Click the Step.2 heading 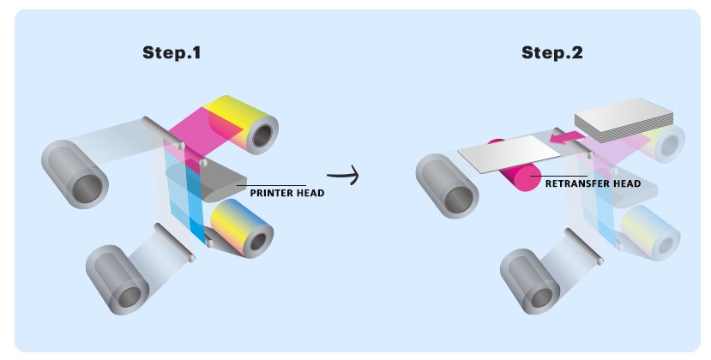pyautogui.click(x=552, y=52)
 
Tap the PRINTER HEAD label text pyautogui.click(x=287, y=193)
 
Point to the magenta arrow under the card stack pyautogui.click(x=563, y=137)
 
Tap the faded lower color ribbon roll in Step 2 pyautogui.click(x=652, y=232)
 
